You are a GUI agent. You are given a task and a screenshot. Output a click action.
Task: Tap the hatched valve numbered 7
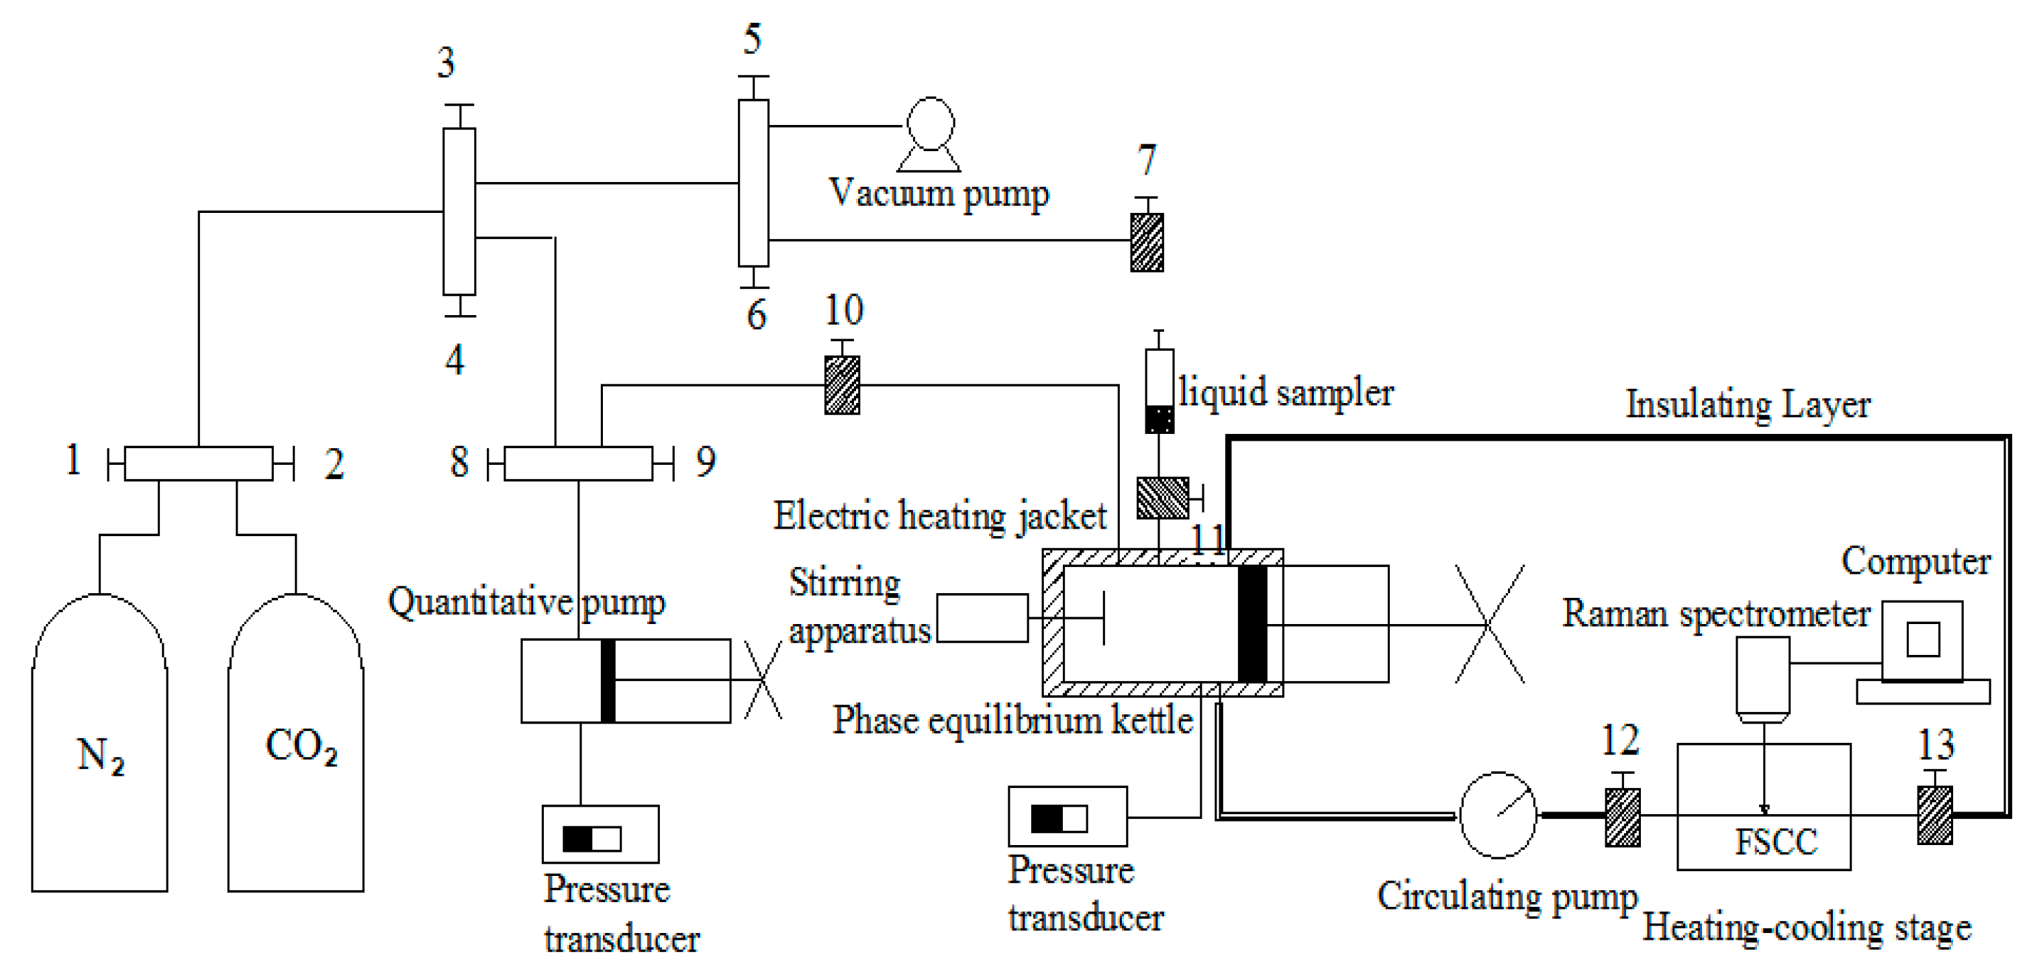pos(1147,242)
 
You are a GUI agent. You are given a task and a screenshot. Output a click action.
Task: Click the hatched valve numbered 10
pos(842,385)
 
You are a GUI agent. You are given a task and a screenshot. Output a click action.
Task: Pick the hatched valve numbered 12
pos(1622,817)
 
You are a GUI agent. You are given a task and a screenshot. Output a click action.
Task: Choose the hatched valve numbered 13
pos(1935,815)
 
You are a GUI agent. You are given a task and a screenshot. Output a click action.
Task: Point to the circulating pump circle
pos(1498,815)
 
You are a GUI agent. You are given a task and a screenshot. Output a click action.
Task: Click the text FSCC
pos(1776,842)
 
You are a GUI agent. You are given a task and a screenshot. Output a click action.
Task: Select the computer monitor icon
pos(1922,641)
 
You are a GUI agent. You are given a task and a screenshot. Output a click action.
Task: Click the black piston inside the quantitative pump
pos(608,681)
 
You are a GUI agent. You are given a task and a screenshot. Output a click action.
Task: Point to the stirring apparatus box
pos(982,619)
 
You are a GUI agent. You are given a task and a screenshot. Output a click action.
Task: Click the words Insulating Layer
pos(1748,405)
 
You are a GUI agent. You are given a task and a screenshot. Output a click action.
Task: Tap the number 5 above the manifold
pos(752,40)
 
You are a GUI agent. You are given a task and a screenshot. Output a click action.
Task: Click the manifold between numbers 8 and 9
pos(578,463)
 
